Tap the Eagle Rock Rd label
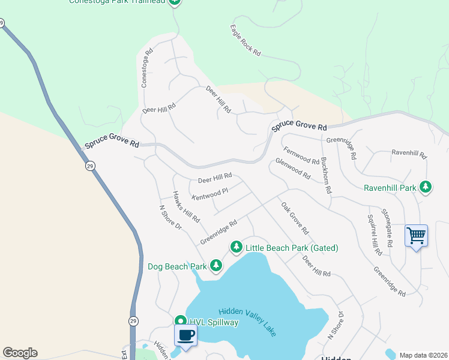tap(246, 41)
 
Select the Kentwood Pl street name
tap(209, 194)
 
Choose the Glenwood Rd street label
tap(293, 169)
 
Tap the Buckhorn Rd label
tap(326, 175)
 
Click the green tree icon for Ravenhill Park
tap(426, 188)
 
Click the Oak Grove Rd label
tap(295, 218)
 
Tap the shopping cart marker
tap(416, 235)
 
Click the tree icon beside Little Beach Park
tap(237, 247)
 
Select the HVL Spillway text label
tap(215, 323)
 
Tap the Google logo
tap(20, 353)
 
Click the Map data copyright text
tap(423, 355)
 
